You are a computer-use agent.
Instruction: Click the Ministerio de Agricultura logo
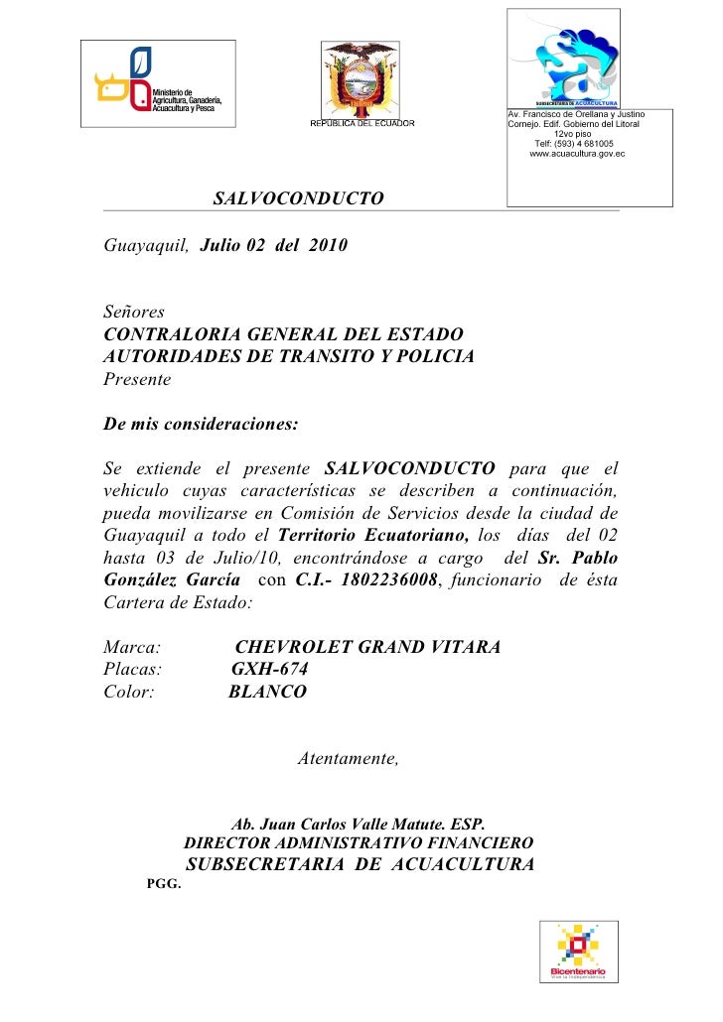pos(157,83)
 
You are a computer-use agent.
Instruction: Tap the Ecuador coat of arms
pos(361,81)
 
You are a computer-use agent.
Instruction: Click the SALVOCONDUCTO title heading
pos(298,198)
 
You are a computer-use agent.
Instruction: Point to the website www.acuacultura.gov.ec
pos(577,155)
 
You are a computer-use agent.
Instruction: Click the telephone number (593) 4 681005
pos(586,144)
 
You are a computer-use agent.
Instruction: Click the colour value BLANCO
pos(267,692)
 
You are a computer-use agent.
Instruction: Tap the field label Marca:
pos(133,647)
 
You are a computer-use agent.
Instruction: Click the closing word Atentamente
pos(348,760)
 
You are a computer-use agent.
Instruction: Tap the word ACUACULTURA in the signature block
pos(464,865)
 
